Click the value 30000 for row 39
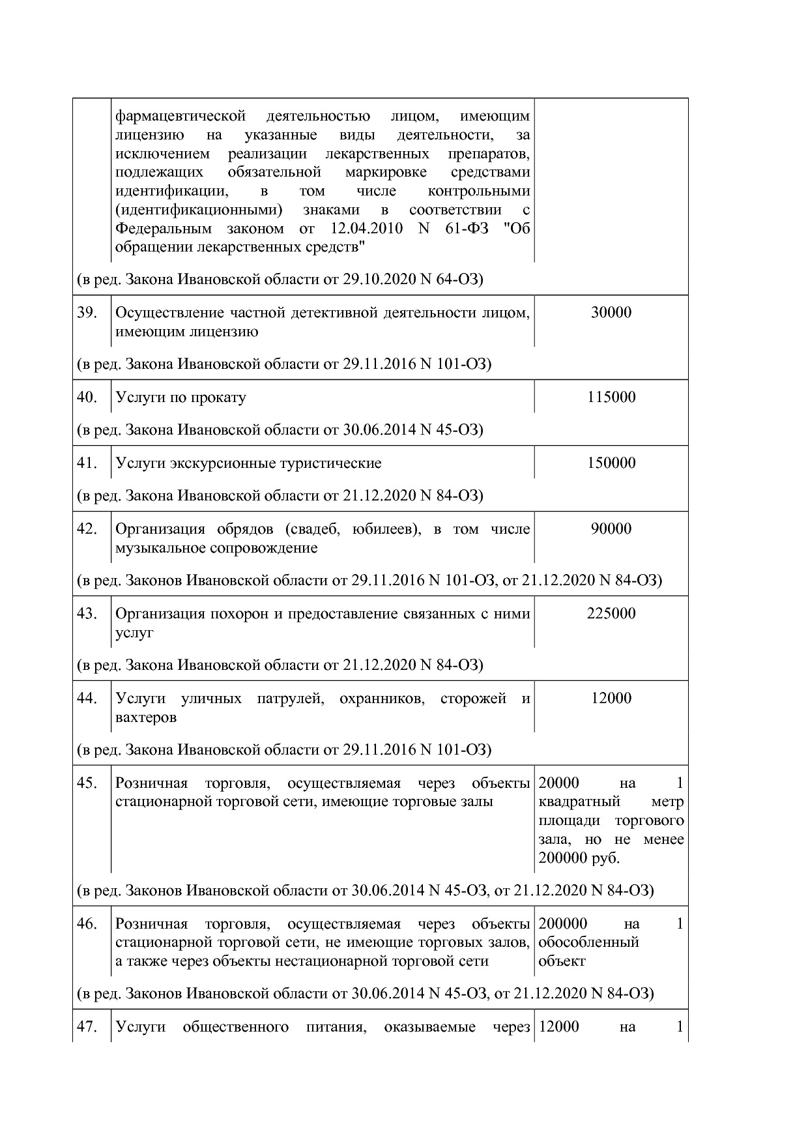click(611, 312)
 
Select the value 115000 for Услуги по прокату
click(611, 397)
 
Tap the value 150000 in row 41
click(611, 463)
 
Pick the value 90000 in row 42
click(611, 528)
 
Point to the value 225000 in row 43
click(611, 613)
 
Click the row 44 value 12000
click(611, 698)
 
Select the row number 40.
click(87, 397)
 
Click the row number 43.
click(87, 613)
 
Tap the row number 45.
click(87, 783)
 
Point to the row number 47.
click(87, 1027)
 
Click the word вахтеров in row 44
click(145, 717)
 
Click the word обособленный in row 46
click(588, 942)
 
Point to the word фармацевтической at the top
click(180, 116)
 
